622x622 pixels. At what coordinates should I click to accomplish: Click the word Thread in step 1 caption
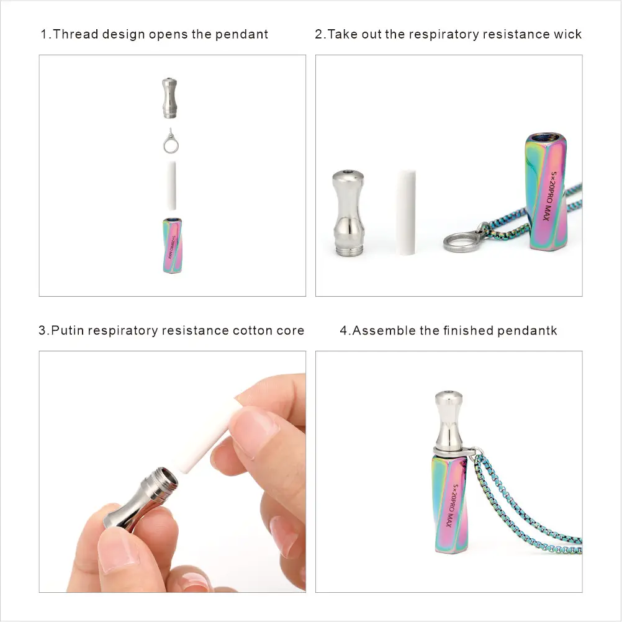click(x=75, y=34)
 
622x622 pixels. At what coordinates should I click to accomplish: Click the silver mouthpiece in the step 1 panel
click(x=170, y=98)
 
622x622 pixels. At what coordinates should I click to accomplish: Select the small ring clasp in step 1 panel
click(x=171, y=142)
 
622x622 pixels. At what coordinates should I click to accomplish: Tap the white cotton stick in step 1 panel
click(x=171, y=185)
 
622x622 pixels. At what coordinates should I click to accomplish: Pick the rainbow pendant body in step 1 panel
click(x=172, y=245)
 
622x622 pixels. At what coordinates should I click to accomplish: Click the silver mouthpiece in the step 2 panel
click(x=348, y=213)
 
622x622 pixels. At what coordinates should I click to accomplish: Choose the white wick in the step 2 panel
click(x=406, y=212)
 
